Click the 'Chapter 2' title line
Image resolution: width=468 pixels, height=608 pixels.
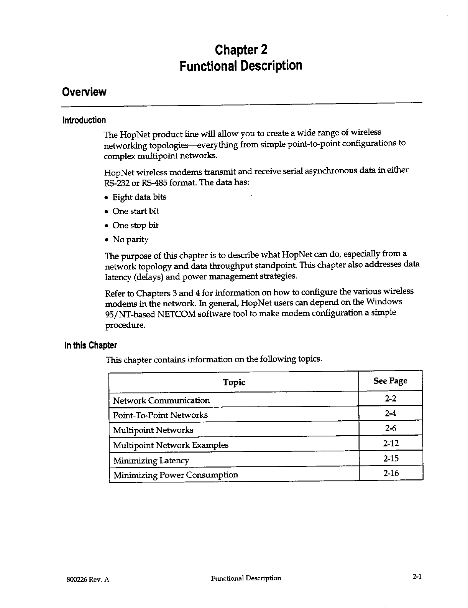point(241,50)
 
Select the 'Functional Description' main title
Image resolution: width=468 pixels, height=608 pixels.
point(241,66)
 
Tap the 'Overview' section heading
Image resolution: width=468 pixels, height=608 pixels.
point(84,92)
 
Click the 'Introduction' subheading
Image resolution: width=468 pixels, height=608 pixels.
point(84,120)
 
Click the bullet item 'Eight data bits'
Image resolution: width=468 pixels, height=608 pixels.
point(140,197)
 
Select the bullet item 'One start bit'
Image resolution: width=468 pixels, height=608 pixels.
point(135,211)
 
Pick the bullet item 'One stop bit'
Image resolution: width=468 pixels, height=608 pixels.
point(135,225)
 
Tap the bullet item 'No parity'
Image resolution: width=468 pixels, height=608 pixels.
point(130,240)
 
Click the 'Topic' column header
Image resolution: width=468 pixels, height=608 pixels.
point(234,382)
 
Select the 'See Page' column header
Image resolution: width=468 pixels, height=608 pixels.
point(390,381)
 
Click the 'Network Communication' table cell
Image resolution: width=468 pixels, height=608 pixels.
point(161,401)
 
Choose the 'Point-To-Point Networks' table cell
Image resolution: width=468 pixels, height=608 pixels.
point(160,415)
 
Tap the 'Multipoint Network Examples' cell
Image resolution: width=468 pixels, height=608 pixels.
point(171,445)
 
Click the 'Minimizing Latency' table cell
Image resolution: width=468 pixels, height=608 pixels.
point(151,460)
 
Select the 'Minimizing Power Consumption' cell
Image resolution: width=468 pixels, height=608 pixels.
point(176,475)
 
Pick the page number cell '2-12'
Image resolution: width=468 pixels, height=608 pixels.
point(391,444)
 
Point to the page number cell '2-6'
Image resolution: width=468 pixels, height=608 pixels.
point(391,428)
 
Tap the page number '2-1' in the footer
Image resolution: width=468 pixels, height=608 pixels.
point(417,577)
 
